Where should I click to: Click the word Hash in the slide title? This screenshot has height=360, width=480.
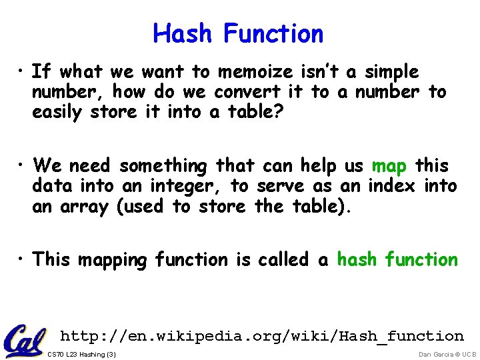[185, 33]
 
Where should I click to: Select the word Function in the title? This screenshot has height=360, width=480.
[273, 33]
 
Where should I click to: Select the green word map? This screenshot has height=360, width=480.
[389, 165]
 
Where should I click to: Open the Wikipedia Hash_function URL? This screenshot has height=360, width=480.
[261, 336]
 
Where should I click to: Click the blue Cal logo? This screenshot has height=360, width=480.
[25, 341]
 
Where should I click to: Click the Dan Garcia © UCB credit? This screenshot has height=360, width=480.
[447, 354]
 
